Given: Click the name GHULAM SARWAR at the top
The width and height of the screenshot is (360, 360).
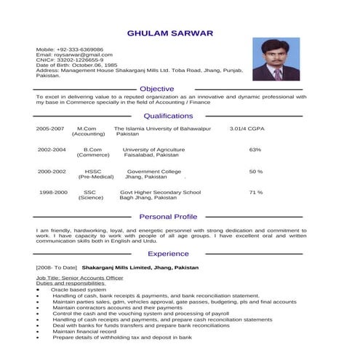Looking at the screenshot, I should [170, 33].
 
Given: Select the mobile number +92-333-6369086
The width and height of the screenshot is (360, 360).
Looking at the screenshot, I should [81, 49].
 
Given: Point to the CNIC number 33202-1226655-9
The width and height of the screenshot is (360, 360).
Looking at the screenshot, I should [80, 60].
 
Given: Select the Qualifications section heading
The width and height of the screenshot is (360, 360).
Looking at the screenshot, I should [168, 116].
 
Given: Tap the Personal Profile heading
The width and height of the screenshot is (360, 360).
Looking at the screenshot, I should [168, 217].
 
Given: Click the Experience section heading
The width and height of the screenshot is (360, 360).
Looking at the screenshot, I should [168, 254].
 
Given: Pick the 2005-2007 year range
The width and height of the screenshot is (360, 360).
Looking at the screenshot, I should [50, 128].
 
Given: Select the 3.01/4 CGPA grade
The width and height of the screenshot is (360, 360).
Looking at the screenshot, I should [247, 128].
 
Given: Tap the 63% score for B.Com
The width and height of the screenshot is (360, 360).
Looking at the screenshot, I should [255, 150].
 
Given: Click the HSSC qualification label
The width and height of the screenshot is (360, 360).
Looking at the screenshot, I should [92, 172].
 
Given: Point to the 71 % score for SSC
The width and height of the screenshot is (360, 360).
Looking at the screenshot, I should [256, 193].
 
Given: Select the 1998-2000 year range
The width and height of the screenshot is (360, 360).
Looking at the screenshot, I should [53, 193].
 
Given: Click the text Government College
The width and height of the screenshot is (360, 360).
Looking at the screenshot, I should [153, 172].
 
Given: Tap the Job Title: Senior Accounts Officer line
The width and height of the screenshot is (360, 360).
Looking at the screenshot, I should [80, 279].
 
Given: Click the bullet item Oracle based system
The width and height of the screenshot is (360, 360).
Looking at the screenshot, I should [79, 290].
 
